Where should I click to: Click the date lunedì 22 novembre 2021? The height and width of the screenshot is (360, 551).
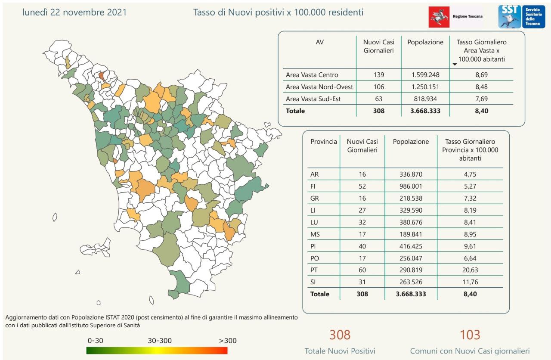tap(74, 12)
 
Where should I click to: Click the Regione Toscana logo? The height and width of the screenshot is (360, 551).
tap(455, 17)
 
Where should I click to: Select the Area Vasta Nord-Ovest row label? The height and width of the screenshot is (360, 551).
tap(319, 87)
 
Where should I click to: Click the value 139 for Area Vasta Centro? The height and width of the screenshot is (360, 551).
tap(379, 75)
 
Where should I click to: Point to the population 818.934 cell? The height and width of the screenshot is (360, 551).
tap(425, 99)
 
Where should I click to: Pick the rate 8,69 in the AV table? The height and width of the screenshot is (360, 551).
tap(482, 75)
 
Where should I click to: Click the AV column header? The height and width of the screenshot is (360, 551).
tap(320, 42)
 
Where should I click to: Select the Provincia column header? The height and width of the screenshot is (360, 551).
tap(324, 142)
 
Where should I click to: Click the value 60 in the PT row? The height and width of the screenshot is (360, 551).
tap(362, 270)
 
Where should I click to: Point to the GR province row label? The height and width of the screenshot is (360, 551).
tap(315, 199)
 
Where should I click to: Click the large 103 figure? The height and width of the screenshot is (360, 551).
tap(470, 335)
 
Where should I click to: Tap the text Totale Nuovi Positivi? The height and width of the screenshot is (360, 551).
tap(340, 351)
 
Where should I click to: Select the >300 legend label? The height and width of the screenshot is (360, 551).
tap(228, 341)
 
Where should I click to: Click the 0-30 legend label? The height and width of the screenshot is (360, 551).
tap(96, 341)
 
